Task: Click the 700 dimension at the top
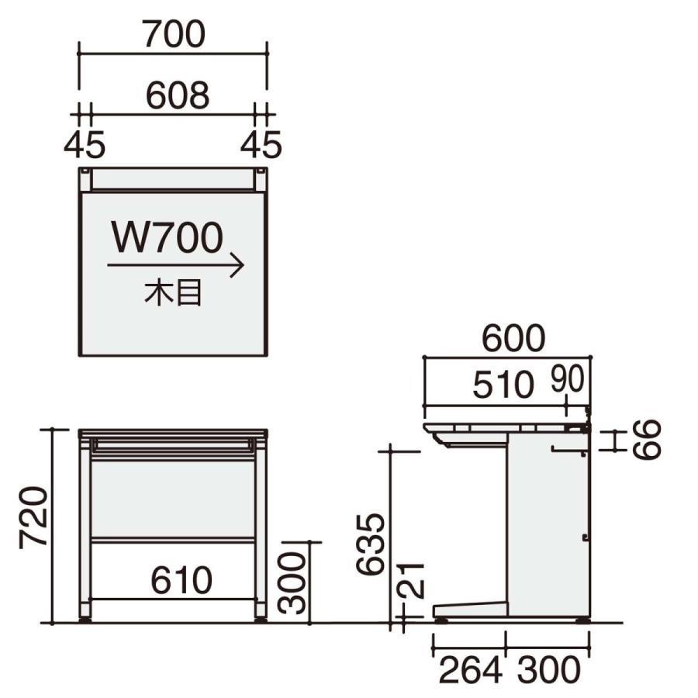click(174, 34)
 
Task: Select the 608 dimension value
click(178, 95)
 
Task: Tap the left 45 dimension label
click(85, 144)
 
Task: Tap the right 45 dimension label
click(261, 144)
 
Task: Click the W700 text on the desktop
click(168, 238)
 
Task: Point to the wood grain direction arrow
click(175, 265)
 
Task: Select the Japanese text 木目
click(173, 292)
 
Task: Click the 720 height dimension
click(33, 517)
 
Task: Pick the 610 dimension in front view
click(181, 580)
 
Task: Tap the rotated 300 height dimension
click(292, 583)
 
